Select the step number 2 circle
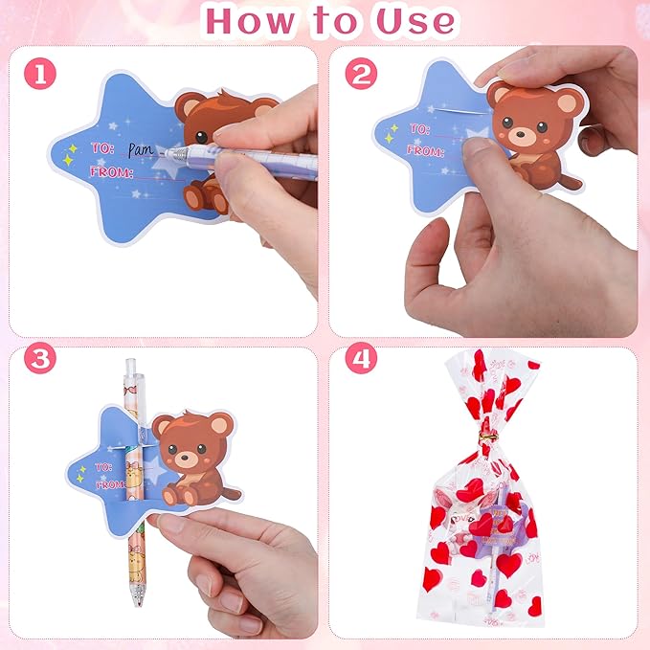click(360, 75)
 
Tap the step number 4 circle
click(360, 360)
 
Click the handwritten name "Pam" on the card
click(142, 149)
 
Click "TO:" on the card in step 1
click(102, 148)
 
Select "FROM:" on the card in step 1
click(109, 172)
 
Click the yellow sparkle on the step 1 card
click(70, 149)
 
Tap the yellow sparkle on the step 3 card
click(81, 471)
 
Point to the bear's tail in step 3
click(231, 492)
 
